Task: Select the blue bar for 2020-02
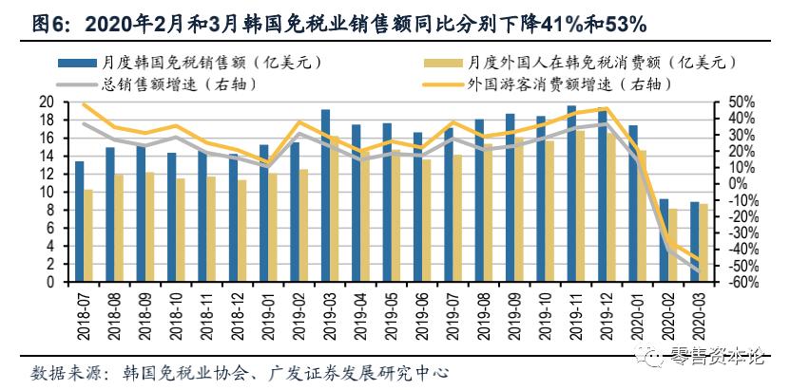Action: pyautogui.click(x=663, y=241)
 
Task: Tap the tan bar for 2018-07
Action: pyautogui.click(x=88, y=236)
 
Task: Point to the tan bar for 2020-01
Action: pyautogui.click(x=642, y=216)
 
